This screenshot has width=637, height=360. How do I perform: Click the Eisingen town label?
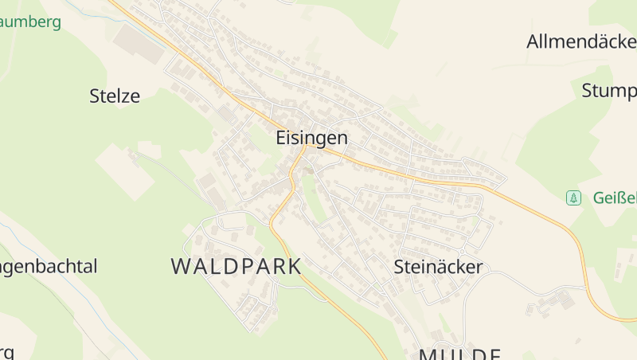(311, 138)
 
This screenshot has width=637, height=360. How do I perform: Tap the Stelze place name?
(115, 97)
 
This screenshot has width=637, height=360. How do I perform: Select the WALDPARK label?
(236, 267)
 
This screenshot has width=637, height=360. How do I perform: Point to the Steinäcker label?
(438, 267)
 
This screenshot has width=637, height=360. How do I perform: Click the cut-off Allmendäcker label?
(581, 42)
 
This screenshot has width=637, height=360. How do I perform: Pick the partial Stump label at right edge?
(609, 90)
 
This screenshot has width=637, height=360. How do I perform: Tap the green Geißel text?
(615, 198)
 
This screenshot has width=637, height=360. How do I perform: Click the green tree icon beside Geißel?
(573, 198)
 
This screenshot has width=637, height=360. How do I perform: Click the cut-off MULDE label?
(459, 354)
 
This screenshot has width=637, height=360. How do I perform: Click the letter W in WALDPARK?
(182, 267)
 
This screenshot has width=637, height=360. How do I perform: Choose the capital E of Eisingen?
(281, 138)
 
